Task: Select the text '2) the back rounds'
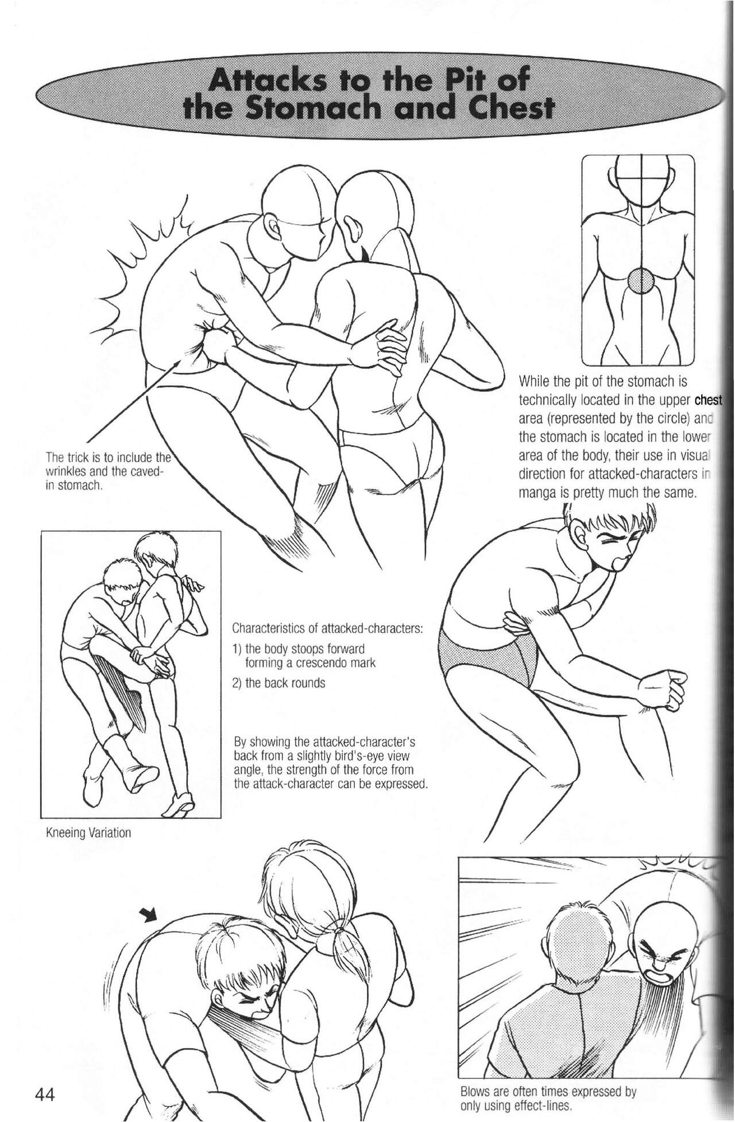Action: pyautogui.click(x=279, y=683)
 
